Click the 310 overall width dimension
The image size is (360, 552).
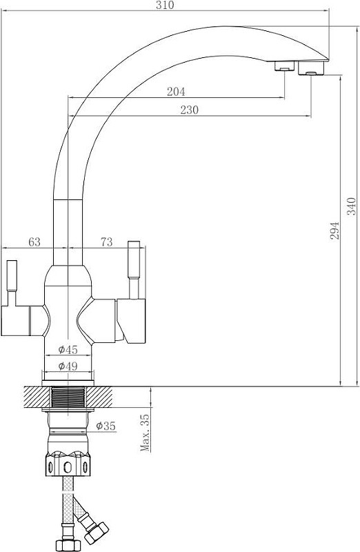(166, 6)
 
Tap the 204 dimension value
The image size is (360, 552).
(176, 92)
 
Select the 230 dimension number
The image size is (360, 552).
(190, 110)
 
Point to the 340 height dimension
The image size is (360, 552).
(352, 206)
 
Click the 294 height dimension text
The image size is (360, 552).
(334, 231)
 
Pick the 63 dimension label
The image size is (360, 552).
(34, 242)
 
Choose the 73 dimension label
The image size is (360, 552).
(106, 242)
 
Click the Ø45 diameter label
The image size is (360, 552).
(68, 350)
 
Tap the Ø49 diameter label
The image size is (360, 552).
(68, 366)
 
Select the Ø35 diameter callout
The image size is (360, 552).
(106, 426)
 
